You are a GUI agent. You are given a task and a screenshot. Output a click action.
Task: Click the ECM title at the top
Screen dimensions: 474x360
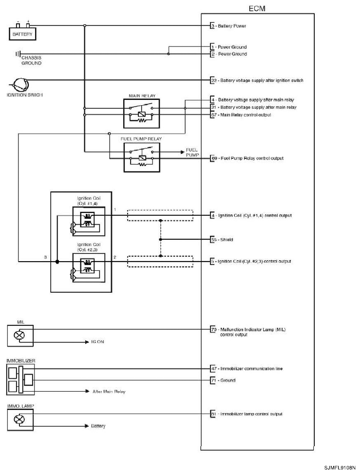coord(256,9)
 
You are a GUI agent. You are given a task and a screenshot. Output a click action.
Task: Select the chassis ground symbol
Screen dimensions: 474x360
coord(19,54)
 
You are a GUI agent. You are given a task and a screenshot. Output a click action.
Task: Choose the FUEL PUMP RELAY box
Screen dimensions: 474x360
coord(141,156)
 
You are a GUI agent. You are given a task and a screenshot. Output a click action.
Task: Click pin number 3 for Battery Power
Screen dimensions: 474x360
coord(213,25)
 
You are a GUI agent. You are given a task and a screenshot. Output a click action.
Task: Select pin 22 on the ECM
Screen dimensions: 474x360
coord(213,80)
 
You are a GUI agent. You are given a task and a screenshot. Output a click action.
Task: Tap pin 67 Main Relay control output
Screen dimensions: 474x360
coord(213,115)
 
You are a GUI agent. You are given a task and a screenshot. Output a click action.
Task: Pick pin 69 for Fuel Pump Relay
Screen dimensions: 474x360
coord(213,158)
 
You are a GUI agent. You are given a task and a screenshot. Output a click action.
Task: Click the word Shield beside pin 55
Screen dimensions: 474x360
coord(227,240)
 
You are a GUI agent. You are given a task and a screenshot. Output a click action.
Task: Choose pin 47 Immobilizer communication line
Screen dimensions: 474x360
coord(213,369)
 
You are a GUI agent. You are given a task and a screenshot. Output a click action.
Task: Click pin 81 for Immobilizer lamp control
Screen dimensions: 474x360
coord(213,414)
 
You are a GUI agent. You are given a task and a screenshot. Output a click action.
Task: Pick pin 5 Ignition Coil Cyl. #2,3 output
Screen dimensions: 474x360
coord(213,261)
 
